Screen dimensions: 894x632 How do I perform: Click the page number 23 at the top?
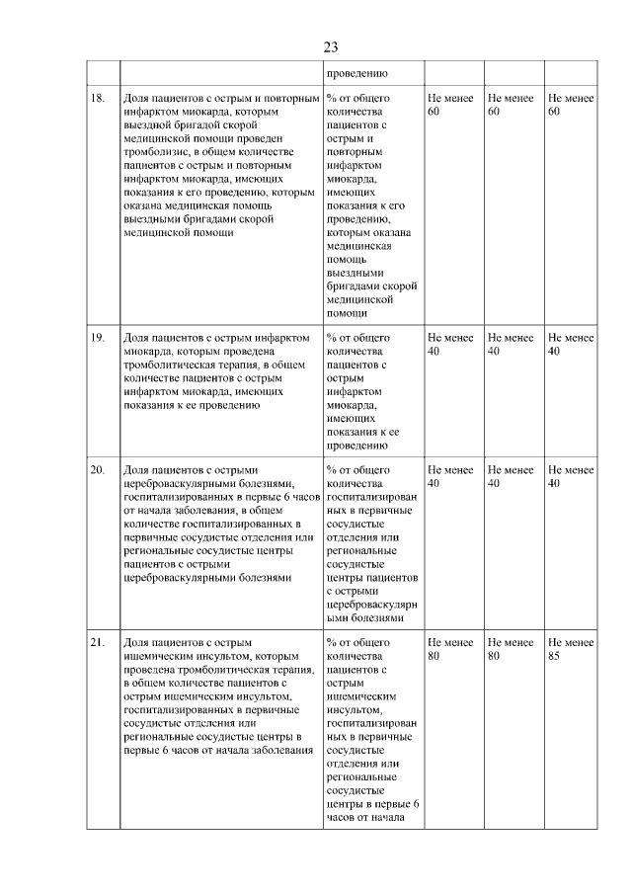coord(330,46)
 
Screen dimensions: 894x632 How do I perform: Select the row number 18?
coord(98,99)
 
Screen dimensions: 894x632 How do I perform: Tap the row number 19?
coord(98,338)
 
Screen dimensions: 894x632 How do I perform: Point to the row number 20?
coord(98,469)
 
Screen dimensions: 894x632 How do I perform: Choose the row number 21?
coord(98,642)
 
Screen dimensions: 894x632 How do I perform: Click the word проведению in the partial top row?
coord(355,73)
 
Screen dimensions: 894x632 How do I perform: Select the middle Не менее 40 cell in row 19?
coord(511,344)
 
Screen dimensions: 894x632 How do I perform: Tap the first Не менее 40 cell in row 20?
coord(450,476)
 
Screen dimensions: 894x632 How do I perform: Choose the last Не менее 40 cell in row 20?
coord(570,476)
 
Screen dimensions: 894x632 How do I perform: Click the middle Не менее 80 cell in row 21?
coord(511,648)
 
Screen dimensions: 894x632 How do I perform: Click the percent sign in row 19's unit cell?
coord(331,338)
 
